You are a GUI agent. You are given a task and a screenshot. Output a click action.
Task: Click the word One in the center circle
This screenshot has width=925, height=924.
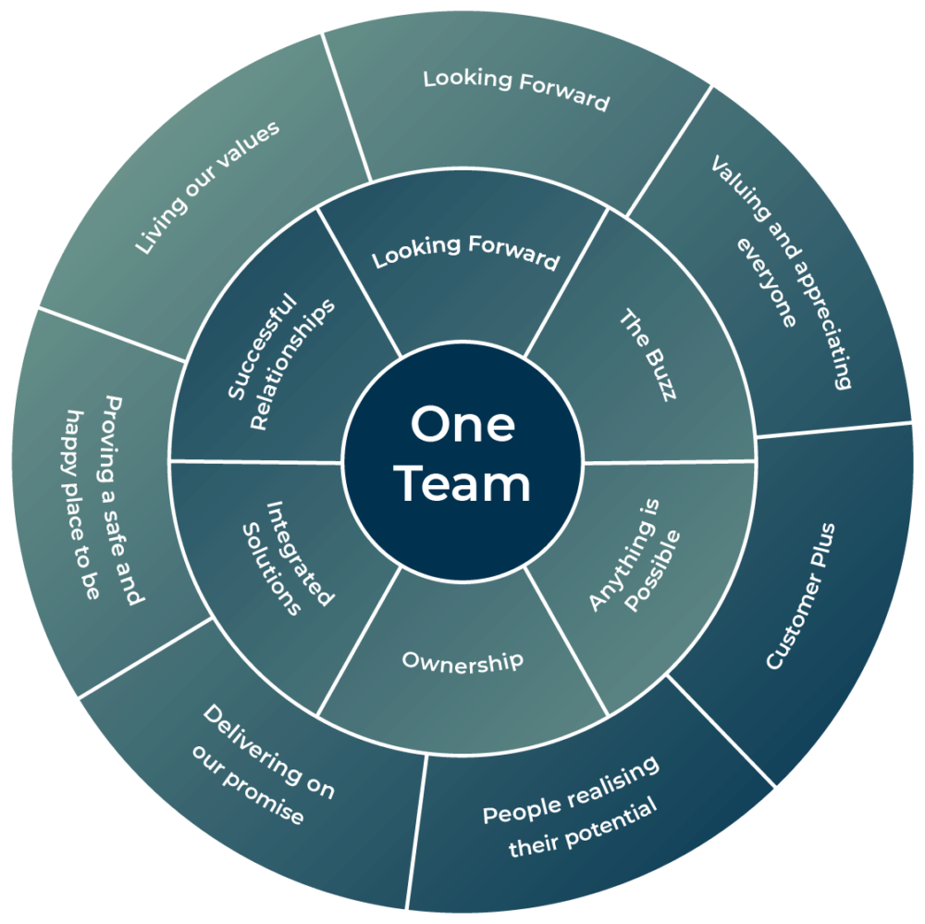(x=462, y=425)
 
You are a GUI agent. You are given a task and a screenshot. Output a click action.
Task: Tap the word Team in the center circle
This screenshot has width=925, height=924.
(x=462, y=484)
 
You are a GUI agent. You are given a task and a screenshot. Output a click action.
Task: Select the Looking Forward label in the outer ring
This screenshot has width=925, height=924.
(x=516, y=90)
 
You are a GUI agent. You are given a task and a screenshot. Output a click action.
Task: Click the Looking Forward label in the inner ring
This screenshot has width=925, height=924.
(x=466, y=251)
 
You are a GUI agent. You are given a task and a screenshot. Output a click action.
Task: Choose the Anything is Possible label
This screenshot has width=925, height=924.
(x=635, y=568)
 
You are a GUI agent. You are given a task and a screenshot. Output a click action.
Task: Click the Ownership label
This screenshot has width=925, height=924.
(x=462, y=661)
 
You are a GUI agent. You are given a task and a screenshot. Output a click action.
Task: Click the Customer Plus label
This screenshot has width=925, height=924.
(x=800, y=596)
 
